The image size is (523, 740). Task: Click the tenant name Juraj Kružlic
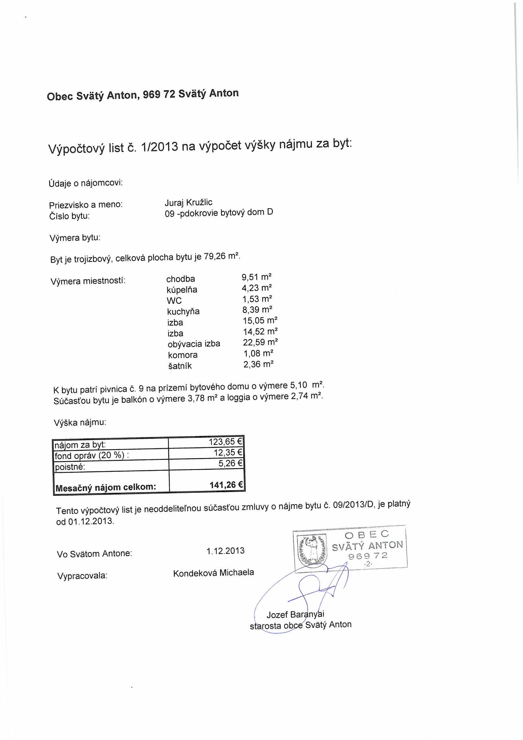[x=188, y=202]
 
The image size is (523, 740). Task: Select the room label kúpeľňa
[x=182, y=289]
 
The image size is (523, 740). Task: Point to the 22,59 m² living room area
[x=260, y=342]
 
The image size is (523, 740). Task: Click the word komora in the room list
[x=182, y=355]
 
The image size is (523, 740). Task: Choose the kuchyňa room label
[x=183, y=311]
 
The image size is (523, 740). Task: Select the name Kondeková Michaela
[x=213, y=572]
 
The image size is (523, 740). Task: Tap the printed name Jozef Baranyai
[x=295, y=614]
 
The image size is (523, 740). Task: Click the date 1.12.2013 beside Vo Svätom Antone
[x=225, y=550]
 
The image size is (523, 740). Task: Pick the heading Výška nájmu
[x=80, y=423]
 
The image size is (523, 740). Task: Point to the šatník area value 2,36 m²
[x=258, y=365]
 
